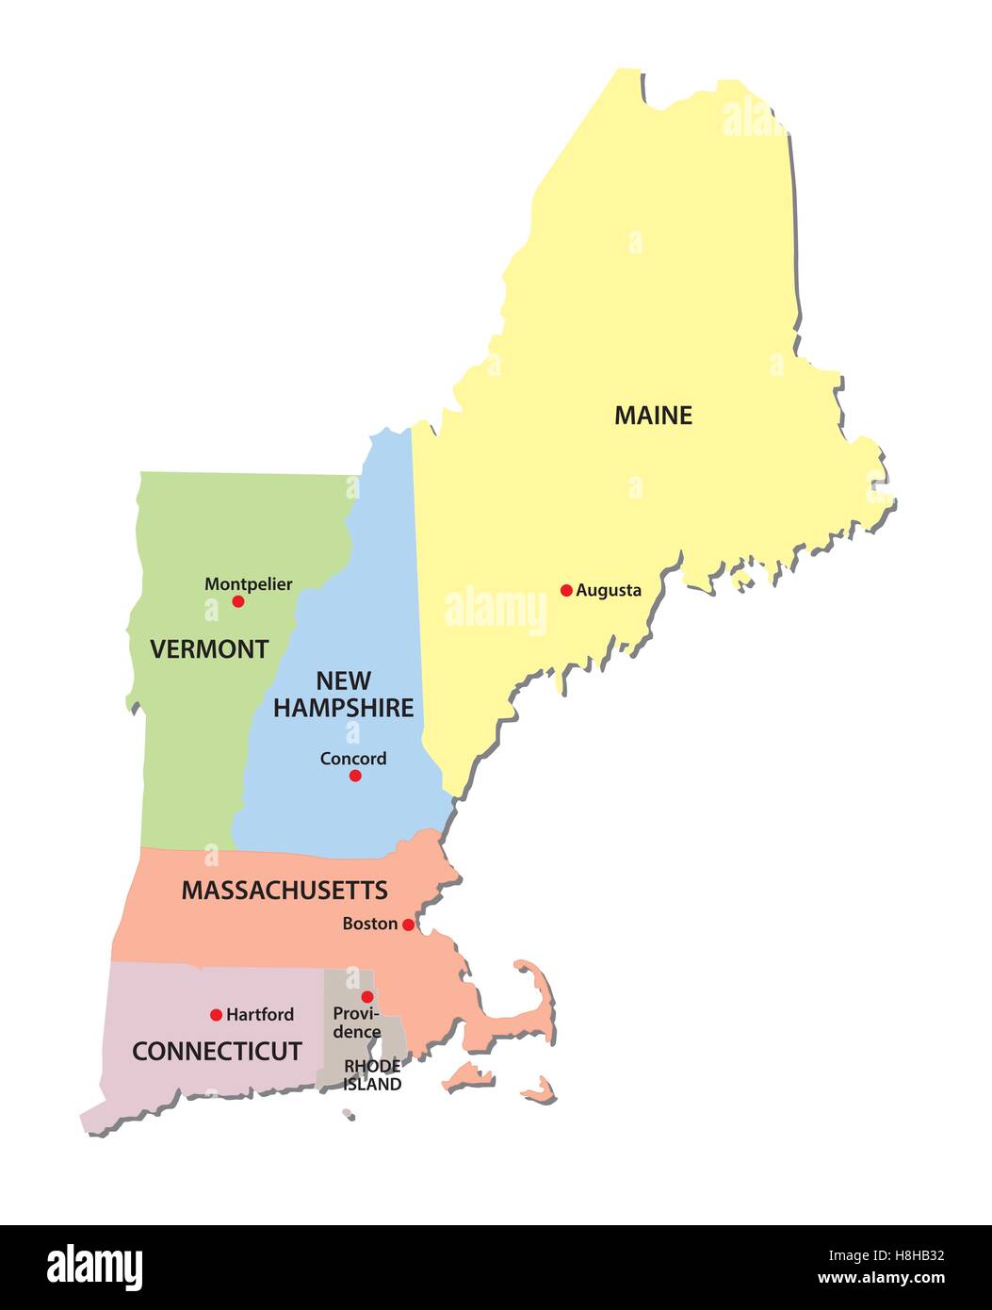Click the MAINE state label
(x=653, y=415)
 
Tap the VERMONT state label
(x=209, y=648)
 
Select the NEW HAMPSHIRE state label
(x=344, y=694)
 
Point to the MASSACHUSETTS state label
(x=285, y=890)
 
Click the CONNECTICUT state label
(x=217, y=1051)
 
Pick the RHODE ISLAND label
(x=372, y=1075)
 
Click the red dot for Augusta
(x=566, y=591)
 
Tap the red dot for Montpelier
(x=238, y=601)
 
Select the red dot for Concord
(x=355, y=776)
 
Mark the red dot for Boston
(x=408, y=925)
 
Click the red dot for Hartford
(x=216, y=1015)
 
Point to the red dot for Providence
(x=367, y=997)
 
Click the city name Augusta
(x=609, y=591)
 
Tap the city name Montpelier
(x=249, y=584)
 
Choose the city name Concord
(x=353, y=759)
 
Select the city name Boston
(x=369, y=925)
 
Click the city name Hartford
(x=260, y=1015)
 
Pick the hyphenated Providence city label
(x=357, y=1023)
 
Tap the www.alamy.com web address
(x=881, y=1279)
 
